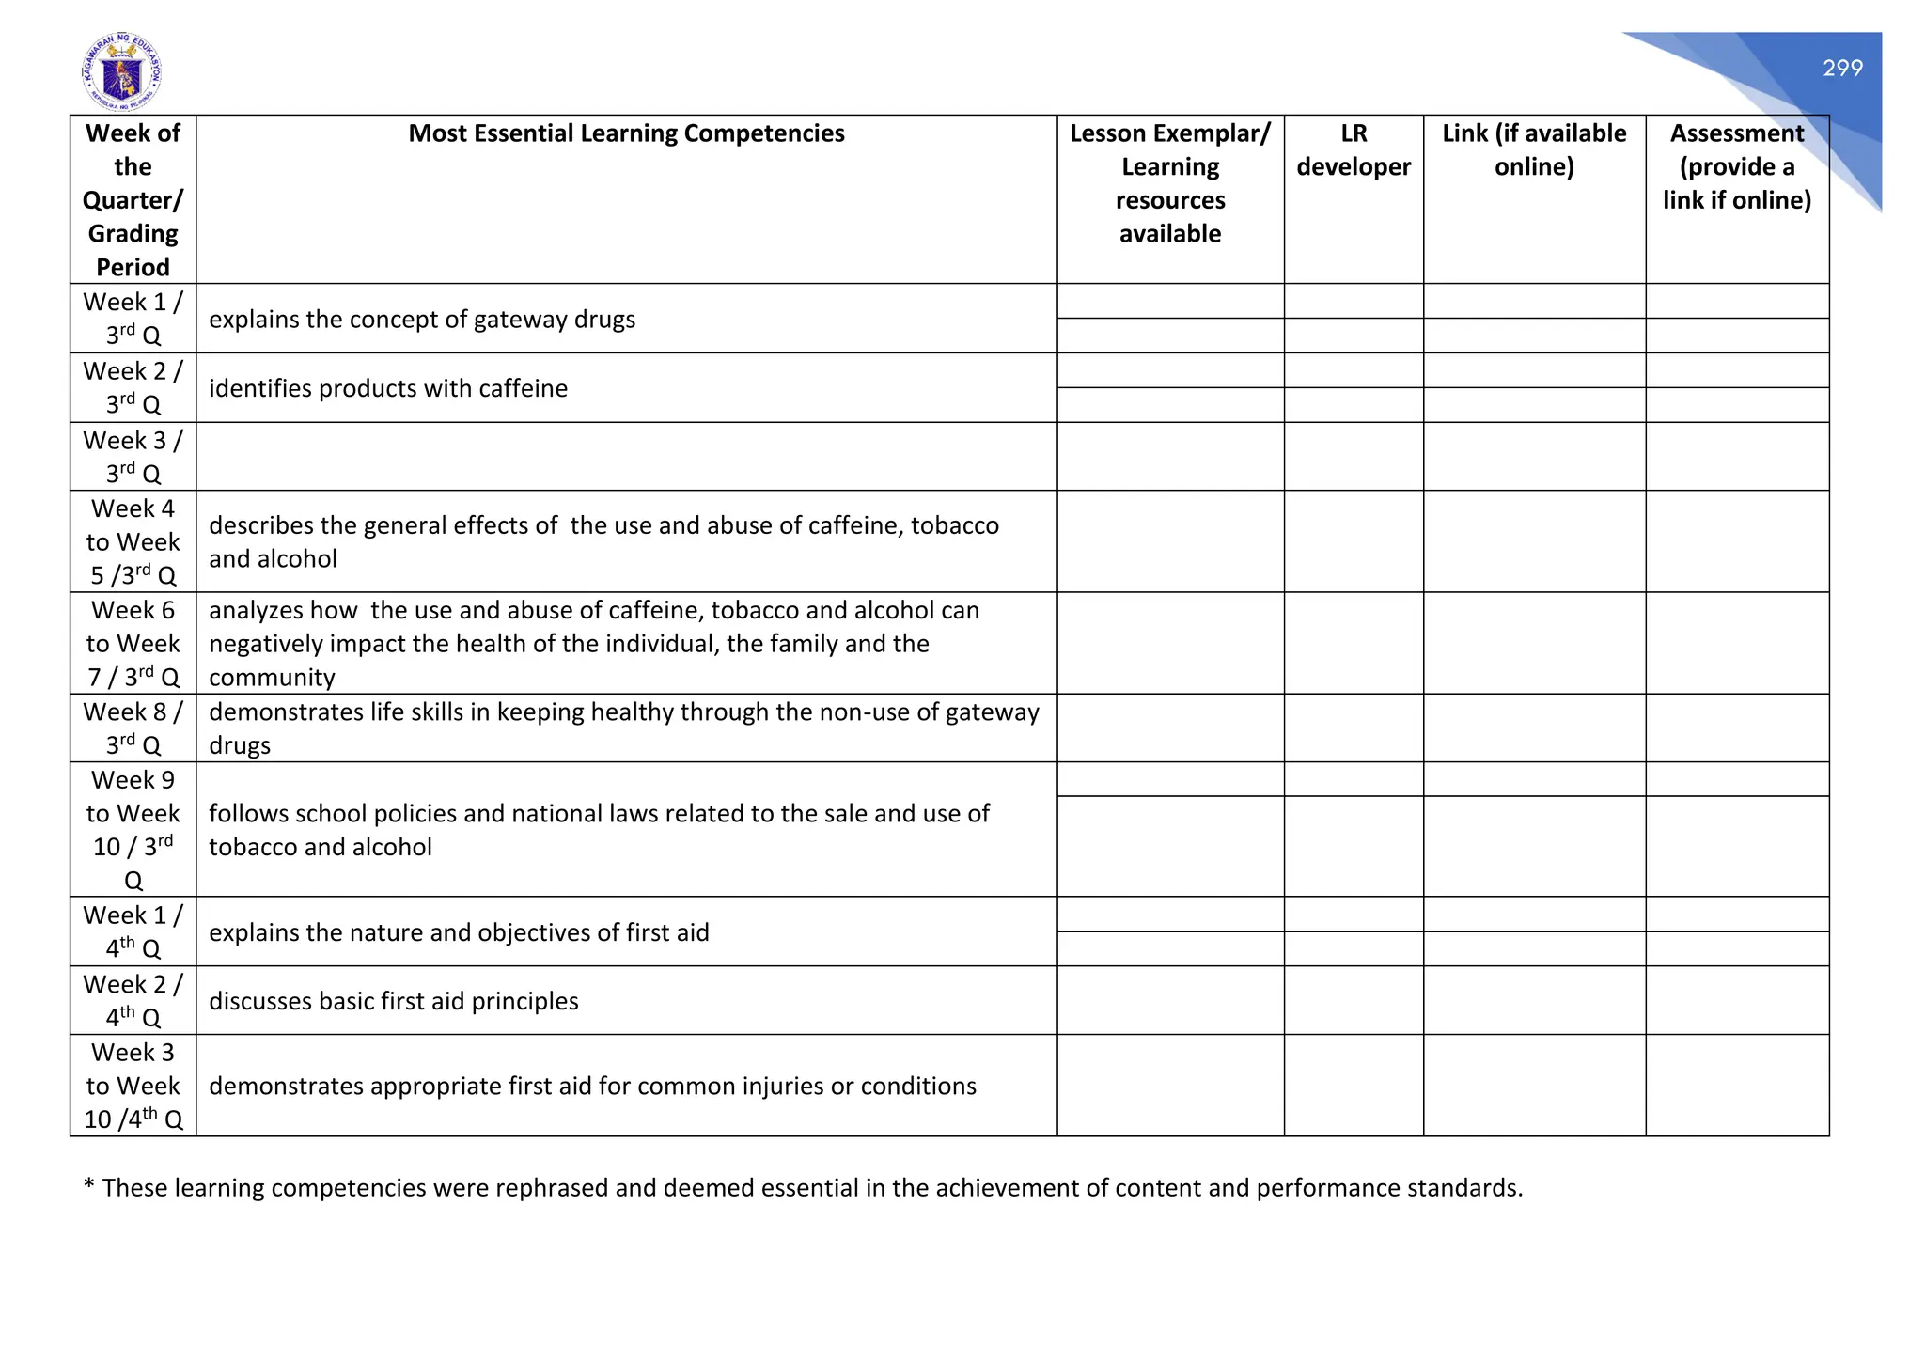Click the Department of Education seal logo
tap(121, 71)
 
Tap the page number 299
tap(1841, 68)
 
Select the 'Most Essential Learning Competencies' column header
tap(626, 133)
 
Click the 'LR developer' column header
tap(1353, 150)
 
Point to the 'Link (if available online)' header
tap(1533, 150)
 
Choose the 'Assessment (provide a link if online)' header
tap(1736, 166)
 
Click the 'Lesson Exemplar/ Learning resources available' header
tap(1169, 183)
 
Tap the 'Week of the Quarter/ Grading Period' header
tap(133, 199)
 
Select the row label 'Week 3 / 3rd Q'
tap(133, 457)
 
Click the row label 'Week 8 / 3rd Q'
tap(133, 728)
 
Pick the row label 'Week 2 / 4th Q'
tap(133, 1000)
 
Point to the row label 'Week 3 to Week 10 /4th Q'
tap(133, 1086)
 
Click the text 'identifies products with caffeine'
tap(388, 388)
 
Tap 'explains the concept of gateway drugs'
tap(422, 320)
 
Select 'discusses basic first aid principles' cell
tap(393, 1001)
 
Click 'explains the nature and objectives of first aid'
tap(459, 932)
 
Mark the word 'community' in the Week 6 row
tap(272, 678)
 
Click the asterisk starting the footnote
tap(89, 1185)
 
